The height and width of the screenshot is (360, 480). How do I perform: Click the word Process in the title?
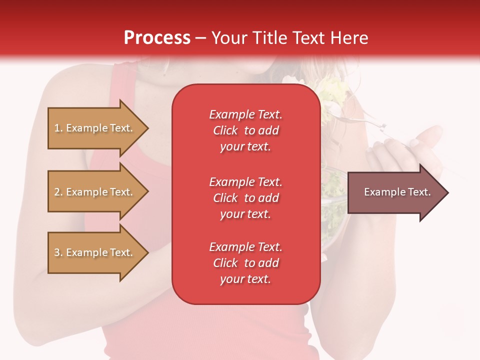click(157, 38)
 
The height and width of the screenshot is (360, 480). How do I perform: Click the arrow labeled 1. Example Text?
click(93, 128)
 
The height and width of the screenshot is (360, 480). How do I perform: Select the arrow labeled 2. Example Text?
click(93, 192)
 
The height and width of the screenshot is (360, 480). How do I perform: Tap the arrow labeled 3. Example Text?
click(93, 252)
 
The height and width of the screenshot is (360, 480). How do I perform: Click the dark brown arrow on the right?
click(395, 192)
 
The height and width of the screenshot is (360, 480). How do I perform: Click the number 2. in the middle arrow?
click(58, 192)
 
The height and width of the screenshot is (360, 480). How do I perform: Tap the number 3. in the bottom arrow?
click(58, 252)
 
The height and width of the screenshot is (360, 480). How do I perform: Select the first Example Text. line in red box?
click(245, 114)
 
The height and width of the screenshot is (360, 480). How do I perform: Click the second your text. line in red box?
click(245, 214)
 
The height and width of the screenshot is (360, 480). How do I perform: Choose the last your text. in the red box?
click(245, 279)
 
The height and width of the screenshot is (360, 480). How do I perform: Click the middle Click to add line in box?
click(245, 198)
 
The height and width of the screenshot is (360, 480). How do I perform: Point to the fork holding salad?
click(360, 120)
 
